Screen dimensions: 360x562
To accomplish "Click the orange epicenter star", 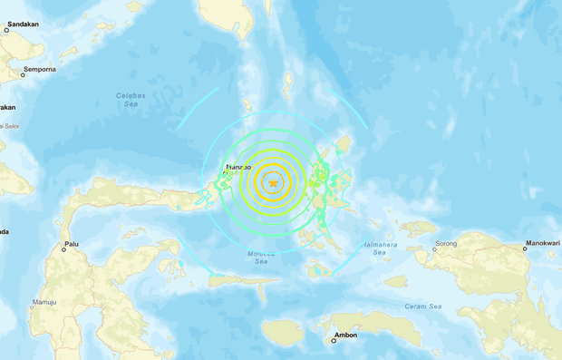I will [273, 183].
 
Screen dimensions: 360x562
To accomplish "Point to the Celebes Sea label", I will [132, 100].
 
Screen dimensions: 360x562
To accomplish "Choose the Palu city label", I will [71, 245].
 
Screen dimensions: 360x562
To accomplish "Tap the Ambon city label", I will [345, 336].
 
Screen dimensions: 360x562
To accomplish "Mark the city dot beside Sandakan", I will [6, 30].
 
